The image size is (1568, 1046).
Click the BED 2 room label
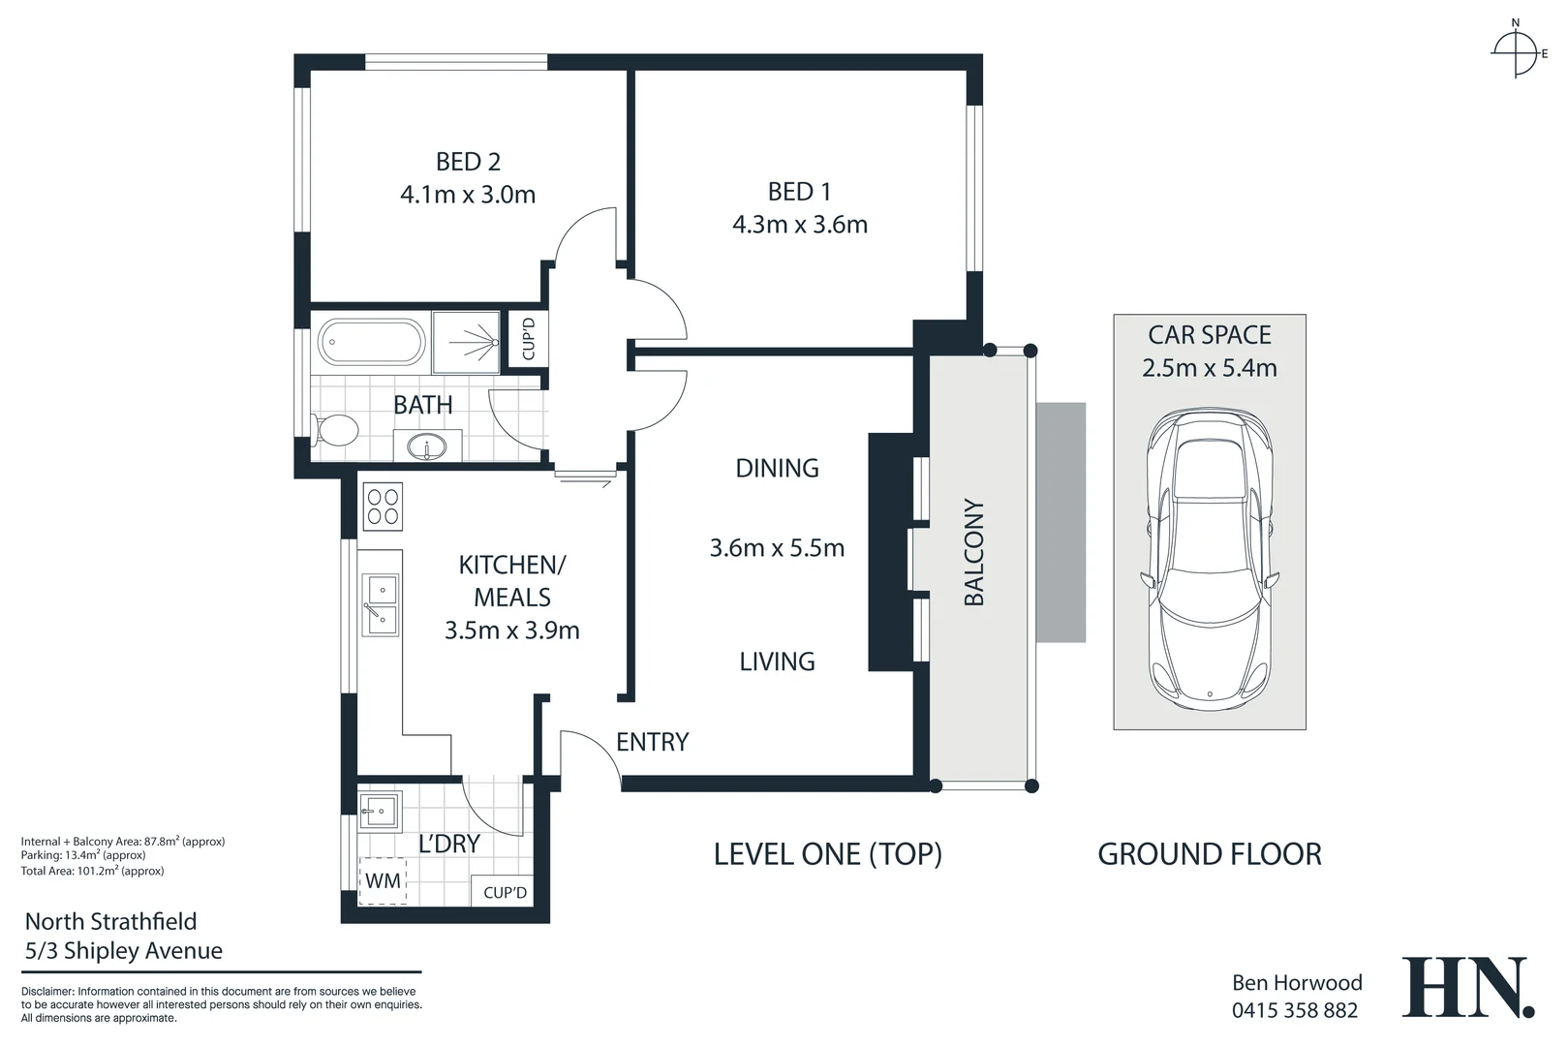coord(468,162)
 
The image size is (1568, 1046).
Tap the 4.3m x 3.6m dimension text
coord(799,225)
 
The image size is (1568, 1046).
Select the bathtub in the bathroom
coord(371,342)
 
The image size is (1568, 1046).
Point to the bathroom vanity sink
coord(426,447)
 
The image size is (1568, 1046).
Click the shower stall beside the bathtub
coord(466,342)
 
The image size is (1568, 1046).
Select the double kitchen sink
coord(380,603)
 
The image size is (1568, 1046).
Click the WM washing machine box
coord(383,881)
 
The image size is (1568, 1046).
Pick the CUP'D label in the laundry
coord(505,892)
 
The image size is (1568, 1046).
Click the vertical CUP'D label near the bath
coord(528,339)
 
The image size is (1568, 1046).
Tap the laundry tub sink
coord(379,810)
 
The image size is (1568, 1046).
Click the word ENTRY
coord(652,742)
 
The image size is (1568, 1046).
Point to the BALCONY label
coord(973,552)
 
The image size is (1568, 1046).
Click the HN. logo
coord(1466,988)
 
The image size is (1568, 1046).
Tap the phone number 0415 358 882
coord(1294,1011)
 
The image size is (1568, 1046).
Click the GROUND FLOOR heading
coord(1209,854)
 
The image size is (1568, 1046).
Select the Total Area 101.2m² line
coord(92,871)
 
